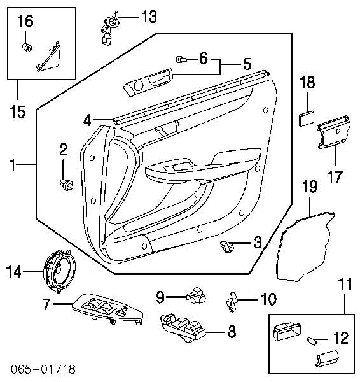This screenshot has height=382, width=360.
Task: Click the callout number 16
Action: [x=25, y=21]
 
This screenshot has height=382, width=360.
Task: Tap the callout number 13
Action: [x=148, y=17]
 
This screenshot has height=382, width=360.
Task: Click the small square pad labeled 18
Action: [x=308, y=117]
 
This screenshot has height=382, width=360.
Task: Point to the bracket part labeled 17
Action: [x=335, y=132]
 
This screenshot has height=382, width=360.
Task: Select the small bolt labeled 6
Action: [x=181, y=60]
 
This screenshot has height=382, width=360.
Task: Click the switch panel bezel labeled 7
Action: [x=105, y=310]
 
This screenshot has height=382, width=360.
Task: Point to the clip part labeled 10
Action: [x=233, y=299]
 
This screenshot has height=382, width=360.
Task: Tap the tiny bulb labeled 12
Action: [x=314, y=339]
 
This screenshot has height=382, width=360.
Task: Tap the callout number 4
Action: [x=87, y=119]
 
